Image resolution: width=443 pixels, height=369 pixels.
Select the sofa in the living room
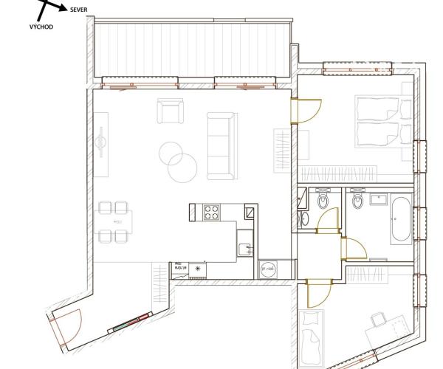[219, 146]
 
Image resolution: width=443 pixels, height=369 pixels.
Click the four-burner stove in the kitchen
[212, 213]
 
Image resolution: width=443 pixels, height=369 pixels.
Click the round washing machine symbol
[267, 269]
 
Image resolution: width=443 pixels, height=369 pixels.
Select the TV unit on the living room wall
[100, 143]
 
